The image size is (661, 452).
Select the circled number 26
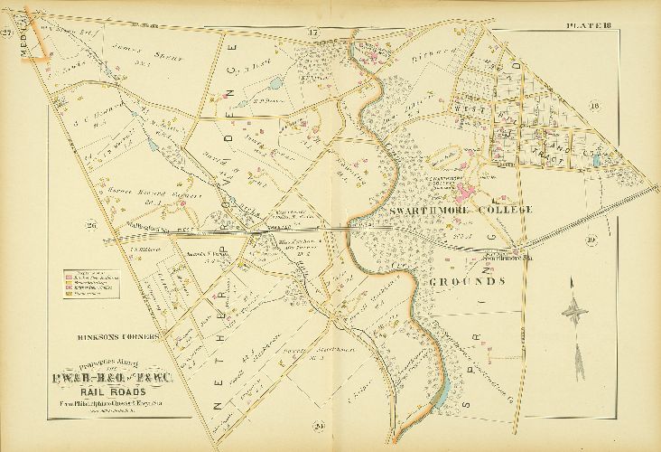tap(89, 225)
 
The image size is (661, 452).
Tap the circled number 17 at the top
tap(313, 33)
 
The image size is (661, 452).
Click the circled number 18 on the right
tap(619, 106)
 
